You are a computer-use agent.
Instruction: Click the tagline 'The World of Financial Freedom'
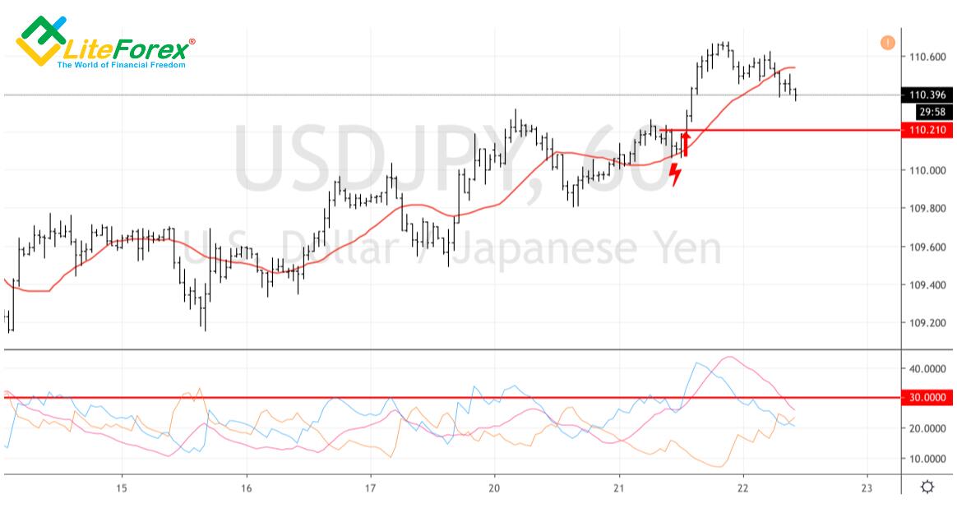[121, 64]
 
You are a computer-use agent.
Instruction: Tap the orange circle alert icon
[887, 42]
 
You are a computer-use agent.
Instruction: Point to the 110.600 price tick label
[927, 57]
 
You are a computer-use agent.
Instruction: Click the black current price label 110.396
[927, 95]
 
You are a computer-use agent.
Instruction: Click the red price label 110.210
[927, 131]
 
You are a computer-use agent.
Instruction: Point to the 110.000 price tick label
[927, 170]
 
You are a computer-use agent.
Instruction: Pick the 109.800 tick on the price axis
[927, 209]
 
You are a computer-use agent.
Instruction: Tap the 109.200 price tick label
[927, 323]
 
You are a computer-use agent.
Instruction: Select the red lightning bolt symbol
[675, 173]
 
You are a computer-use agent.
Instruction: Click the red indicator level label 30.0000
[927, 398]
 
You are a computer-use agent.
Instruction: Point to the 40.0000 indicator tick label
[927, 369]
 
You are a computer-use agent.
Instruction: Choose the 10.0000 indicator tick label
[927, 458]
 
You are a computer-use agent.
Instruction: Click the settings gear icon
[927, 487]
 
